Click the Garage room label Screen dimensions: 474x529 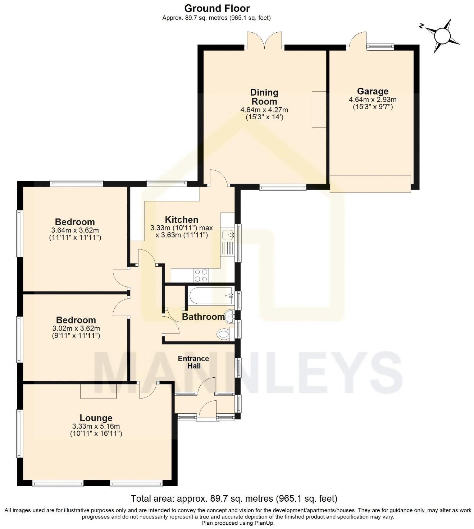coord(373,91)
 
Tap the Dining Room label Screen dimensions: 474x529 coord(264,97)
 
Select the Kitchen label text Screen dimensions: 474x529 coord(182,220)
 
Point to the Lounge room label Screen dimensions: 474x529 coord(96,418)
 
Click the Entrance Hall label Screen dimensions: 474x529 coord(193,362)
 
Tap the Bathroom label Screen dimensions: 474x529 coord(203,317)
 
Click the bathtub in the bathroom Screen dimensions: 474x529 coord(211,296)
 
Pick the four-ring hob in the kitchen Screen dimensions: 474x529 coord(201,276)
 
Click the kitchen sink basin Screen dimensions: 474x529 coord(228,235)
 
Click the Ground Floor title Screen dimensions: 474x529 coord(217,8)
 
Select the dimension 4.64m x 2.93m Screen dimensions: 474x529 coord(373,100)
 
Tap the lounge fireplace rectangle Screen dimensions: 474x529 coord(98,391)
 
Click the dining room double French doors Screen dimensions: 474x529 coord(264,41)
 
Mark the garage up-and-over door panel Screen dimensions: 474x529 coord(370,184)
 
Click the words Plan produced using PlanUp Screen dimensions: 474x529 coord(238,523)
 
